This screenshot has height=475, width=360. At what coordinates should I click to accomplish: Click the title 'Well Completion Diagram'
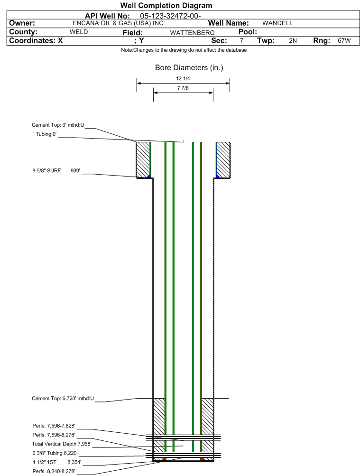pyautogui.click(x=166, y=5)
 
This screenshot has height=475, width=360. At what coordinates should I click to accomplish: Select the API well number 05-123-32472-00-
pyautogui.click(x=170, y=16)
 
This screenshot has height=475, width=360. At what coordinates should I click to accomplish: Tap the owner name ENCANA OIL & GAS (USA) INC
pyautogui.click(x=118, y=23)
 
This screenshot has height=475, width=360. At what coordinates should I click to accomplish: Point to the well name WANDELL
pyautogui.click(x=277, y=23)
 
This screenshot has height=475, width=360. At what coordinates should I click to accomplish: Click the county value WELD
pyautogui.click(x=79, y=32)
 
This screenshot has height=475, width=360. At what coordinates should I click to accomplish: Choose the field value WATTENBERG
pyautogui.click(x=192, y=33)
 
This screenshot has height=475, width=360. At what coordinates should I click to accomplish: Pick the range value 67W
pyautogui.click(x=344, y=41)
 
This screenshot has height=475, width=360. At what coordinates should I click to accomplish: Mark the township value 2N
pyautogui.click(x=293, y=41)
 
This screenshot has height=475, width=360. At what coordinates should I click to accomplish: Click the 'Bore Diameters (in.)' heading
pyautogui.click(x=189, y=67)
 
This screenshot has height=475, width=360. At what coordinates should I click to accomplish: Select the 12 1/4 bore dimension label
pyautogui.click(x=183, y=78)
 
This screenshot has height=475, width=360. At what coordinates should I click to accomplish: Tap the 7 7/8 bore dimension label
pyautogui.click(x=183, y=88)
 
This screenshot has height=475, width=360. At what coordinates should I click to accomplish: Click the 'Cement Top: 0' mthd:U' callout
pyautogui.click(x=58, y=125)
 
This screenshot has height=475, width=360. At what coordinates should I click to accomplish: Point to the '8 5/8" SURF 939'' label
pyautogui.click(x=56, y=170)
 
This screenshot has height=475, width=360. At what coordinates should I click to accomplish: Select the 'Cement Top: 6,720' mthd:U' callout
pyautogui.click(x=63, y=398)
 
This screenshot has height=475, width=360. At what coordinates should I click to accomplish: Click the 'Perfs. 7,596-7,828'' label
pyautogui.click(x=54, y=426)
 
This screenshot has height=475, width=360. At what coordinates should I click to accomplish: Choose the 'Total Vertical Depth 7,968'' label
pyautogui.click(x=62, y=444)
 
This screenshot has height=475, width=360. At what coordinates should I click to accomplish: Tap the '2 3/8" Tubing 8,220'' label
pyautogui.click(x=55, y=453)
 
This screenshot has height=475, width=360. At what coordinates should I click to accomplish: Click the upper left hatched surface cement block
pyautogui.click(x=143, y=159)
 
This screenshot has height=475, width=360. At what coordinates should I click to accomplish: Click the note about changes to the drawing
pyautogui.click(x=184, y=50)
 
